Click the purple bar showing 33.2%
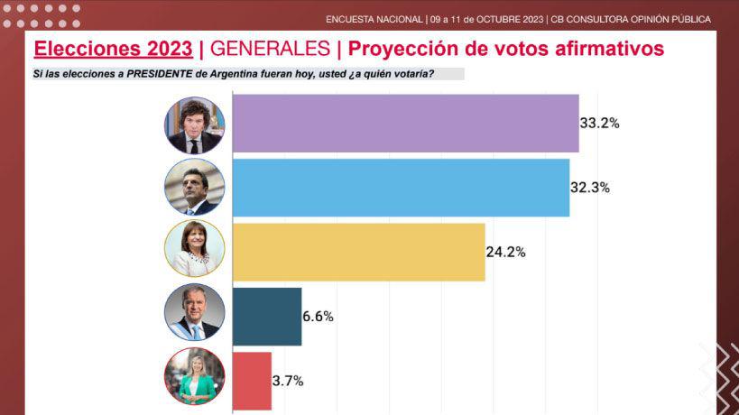pos(405,123)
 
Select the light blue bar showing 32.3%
pos(401,188)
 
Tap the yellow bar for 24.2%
pos(358,252)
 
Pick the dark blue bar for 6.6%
pos(267,317)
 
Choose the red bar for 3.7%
pos(252,381)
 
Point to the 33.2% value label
pos(600,124)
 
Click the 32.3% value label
pos(590,189)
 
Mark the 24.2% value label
pos(506,253)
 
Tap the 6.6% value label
pos(319,317)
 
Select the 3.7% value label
pos(288,382)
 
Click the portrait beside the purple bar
pos(194,124)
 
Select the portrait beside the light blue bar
pos(194,188)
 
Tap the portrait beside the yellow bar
pos(194,252)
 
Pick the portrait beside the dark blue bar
pos(194,317)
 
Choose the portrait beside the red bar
pos(194,381)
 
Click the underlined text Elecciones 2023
pos(113,49)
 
